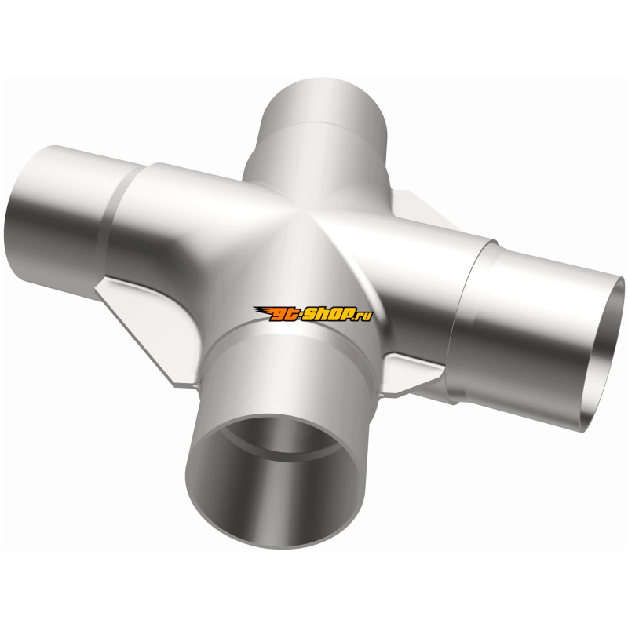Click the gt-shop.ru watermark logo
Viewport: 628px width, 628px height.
(313, 315)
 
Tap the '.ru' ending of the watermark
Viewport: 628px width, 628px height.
(363, 316)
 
